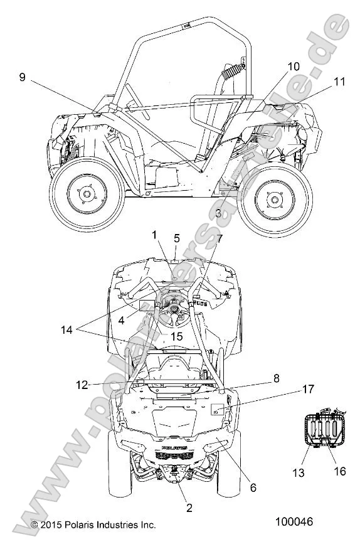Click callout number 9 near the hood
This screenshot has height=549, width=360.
[x=23, y=77]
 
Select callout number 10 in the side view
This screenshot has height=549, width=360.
[x=294, y=66]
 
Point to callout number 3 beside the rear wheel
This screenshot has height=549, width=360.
[x=218, y=213]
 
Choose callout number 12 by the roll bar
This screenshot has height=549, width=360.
[x=82, y=385]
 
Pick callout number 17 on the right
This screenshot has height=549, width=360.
[x=308, y=388]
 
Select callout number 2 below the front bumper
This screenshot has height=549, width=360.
[x=189, y=508]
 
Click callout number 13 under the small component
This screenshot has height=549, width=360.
[x=299, y=472]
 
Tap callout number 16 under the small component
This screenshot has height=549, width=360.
[x=340, y=471]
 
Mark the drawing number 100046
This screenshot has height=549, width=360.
[x=294, y=521]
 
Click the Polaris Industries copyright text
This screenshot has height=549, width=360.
[x=93, y=525]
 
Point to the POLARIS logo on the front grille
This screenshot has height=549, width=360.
[x=174, y=447]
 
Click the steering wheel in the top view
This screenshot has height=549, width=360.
[x=174, y=306]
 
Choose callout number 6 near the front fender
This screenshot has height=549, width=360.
[x=253, y=487]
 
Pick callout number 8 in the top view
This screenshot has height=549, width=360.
[x=277, y=378]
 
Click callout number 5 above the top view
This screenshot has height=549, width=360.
[x=177, y=238]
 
